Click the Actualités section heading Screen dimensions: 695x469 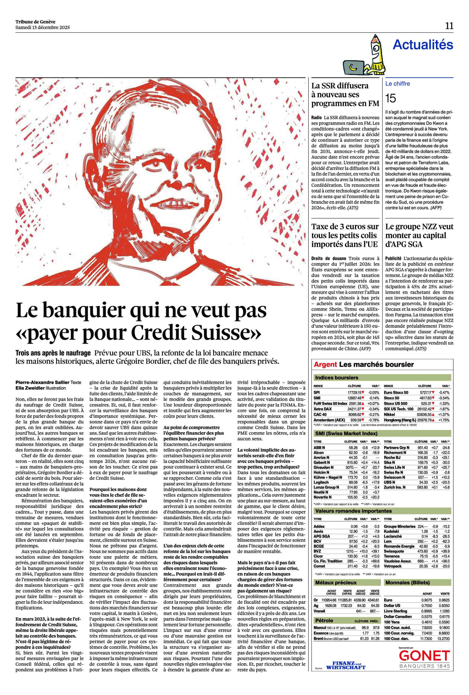[x=423, y=45]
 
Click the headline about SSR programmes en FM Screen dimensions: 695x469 [x=345, y=94]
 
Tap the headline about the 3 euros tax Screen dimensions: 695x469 [x=345, y=235]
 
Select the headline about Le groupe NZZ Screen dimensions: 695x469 [x=419, y=235]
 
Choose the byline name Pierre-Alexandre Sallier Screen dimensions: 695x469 [x=42, y=382]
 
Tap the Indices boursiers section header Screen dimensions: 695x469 [x=336, y=378]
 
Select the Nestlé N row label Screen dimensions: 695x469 [x=321, y=492]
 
